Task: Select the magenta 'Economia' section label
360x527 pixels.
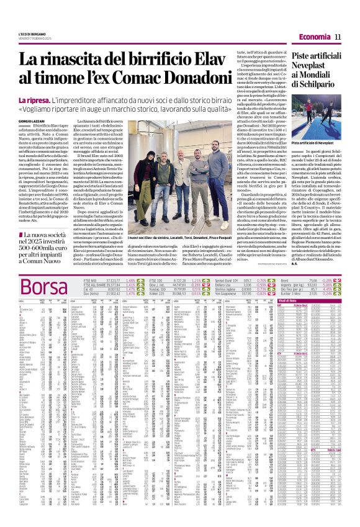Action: pos(317,38)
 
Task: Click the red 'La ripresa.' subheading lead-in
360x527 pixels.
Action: pos(35,101)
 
